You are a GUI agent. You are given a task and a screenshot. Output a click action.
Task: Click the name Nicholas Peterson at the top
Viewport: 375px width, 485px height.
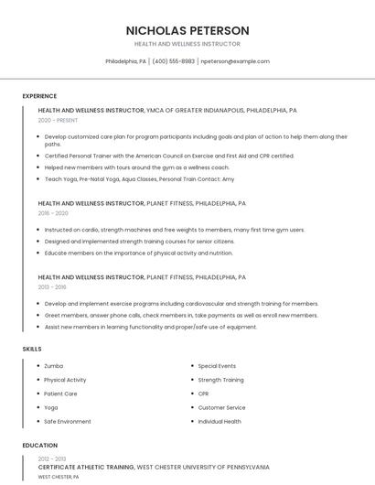pos(187,30)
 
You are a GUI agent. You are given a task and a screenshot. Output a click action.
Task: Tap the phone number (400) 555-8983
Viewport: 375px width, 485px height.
pos(174,61)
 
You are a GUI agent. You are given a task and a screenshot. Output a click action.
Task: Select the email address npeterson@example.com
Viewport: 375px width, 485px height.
pos(235,61)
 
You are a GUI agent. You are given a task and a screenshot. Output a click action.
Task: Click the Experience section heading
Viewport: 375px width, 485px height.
pos(39,96)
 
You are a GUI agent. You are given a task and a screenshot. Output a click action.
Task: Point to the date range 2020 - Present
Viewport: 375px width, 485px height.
pos(58,120)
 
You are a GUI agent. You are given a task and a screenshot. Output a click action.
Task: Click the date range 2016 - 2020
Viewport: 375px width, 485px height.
pos(53,213)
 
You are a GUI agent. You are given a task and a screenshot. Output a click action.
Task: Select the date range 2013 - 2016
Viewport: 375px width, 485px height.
pos(52,286)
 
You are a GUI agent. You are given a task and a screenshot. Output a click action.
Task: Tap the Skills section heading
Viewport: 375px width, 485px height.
pos(31,349)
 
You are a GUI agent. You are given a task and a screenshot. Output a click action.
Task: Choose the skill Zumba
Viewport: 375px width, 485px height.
pos(54,366)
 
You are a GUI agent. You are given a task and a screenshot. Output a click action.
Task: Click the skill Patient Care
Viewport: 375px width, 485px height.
pos(60,393)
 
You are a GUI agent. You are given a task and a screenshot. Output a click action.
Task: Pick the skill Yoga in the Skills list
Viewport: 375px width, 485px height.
pos(51,407)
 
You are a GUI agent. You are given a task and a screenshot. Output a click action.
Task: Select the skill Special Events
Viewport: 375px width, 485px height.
pos(217,366)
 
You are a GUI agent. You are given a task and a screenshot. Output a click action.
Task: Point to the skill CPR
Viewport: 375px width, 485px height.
pos(203,393)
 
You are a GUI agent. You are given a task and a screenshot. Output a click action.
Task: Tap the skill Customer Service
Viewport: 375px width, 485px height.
pos(221,407)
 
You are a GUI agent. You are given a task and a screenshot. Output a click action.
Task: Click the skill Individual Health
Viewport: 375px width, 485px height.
pos(220,422)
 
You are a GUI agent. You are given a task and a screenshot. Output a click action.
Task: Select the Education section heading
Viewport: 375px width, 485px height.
pos(39,446)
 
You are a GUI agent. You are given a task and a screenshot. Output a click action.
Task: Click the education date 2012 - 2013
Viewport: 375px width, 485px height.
pos(52,458)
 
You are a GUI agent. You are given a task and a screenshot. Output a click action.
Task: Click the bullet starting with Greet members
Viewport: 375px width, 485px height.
pos(181,315)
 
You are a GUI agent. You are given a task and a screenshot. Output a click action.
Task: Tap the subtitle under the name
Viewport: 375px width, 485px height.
pos(187,44)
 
